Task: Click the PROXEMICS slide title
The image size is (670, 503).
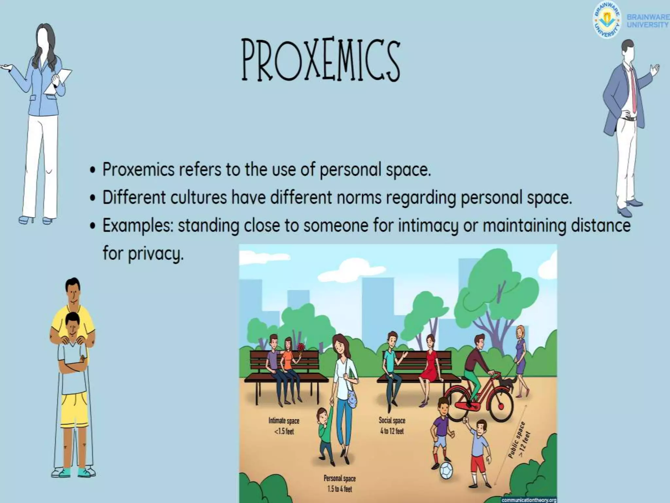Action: (x=321, y=60)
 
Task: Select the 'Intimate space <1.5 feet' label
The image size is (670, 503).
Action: (x=284, y=426)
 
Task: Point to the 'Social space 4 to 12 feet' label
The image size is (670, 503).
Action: (x=392, y=425)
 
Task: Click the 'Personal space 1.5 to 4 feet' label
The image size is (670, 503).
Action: (x=340, y=483)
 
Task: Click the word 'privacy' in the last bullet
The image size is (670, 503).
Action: (x=156, y=253)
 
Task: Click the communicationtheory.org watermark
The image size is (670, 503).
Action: (x=529, y=500)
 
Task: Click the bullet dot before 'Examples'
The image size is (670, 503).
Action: (x=94, y=226)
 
